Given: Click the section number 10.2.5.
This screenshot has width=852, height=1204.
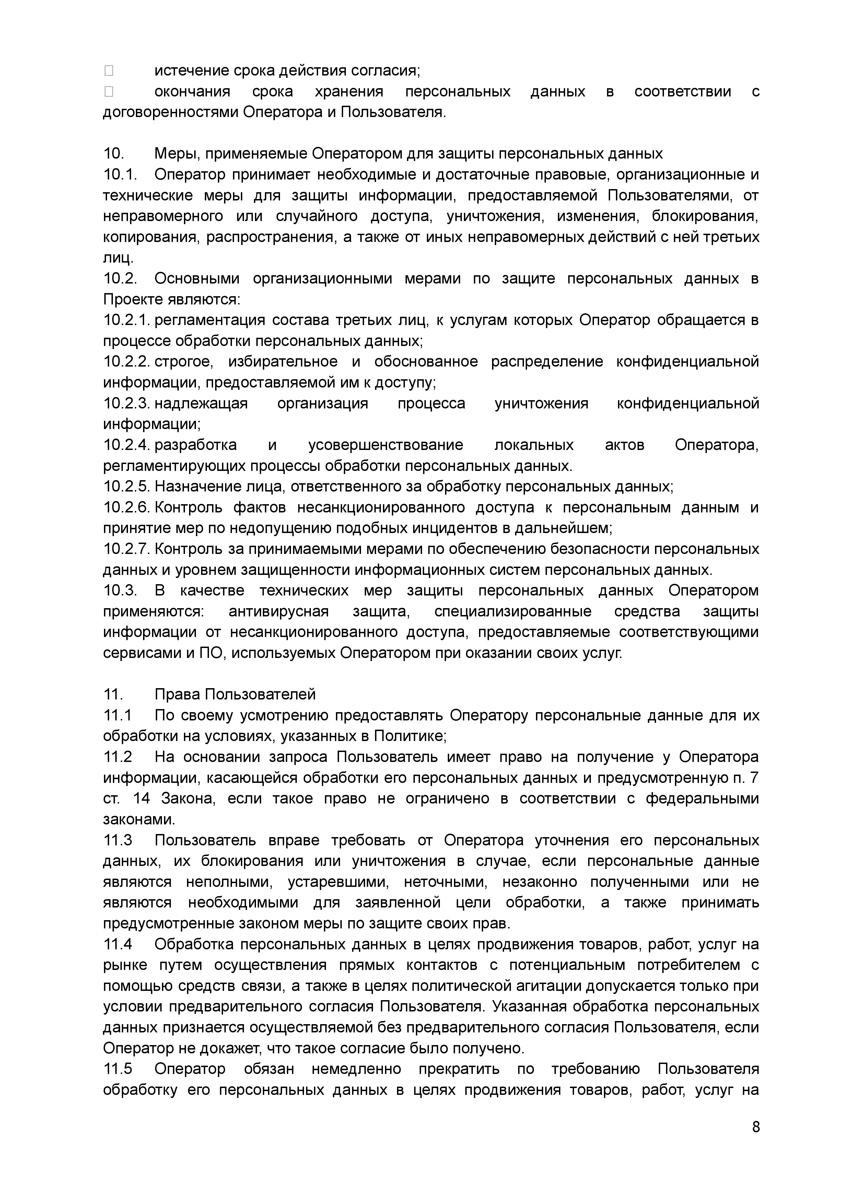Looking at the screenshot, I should [x=126, y=486].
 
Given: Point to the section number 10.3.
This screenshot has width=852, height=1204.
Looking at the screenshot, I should [x=120, y=591].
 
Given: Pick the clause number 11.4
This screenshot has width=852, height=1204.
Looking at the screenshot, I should [x=118, y=944].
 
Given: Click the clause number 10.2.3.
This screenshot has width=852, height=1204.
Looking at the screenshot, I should [x=126, y=403].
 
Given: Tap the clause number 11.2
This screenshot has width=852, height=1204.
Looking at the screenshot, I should [x=118, y=757].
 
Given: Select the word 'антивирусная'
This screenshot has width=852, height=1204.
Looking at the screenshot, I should [x=279, y=612].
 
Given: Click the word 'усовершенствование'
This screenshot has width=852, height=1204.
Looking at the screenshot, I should [x=386, y=445].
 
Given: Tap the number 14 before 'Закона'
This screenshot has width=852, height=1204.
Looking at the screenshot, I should [x=142, y=798].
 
